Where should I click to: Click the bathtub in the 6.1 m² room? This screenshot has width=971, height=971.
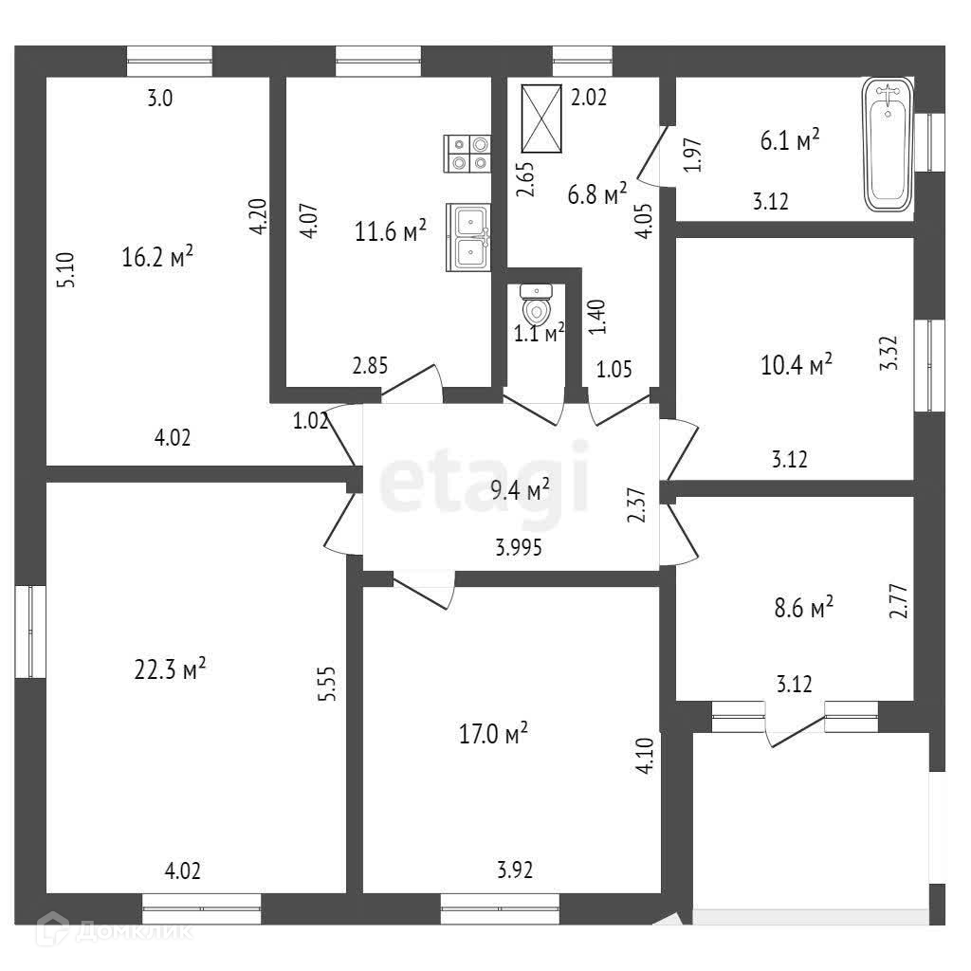(888, 144)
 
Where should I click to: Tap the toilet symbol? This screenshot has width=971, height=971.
(536, 305)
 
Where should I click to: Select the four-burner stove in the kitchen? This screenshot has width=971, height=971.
(467, 153)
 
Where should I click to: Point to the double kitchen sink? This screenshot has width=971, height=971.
(467, 237)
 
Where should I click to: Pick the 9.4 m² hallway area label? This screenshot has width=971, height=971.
(519, 490)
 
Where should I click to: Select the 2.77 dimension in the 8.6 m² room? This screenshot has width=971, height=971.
(899, 600)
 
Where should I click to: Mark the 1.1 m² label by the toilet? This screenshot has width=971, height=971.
(539, 332)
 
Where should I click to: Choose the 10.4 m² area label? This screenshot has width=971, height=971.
(797, 364)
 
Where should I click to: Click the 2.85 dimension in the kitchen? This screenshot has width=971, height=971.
(369, 366)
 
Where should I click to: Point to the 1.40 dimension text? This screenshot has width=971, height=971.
(596, 316)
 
